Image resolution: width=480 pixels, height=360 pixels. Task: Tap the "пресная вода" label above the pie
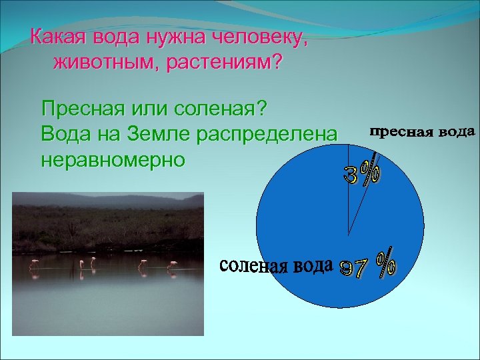point(421,131)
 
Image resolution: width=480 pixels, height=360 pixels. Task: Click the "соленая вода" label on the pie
point(275,266)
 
